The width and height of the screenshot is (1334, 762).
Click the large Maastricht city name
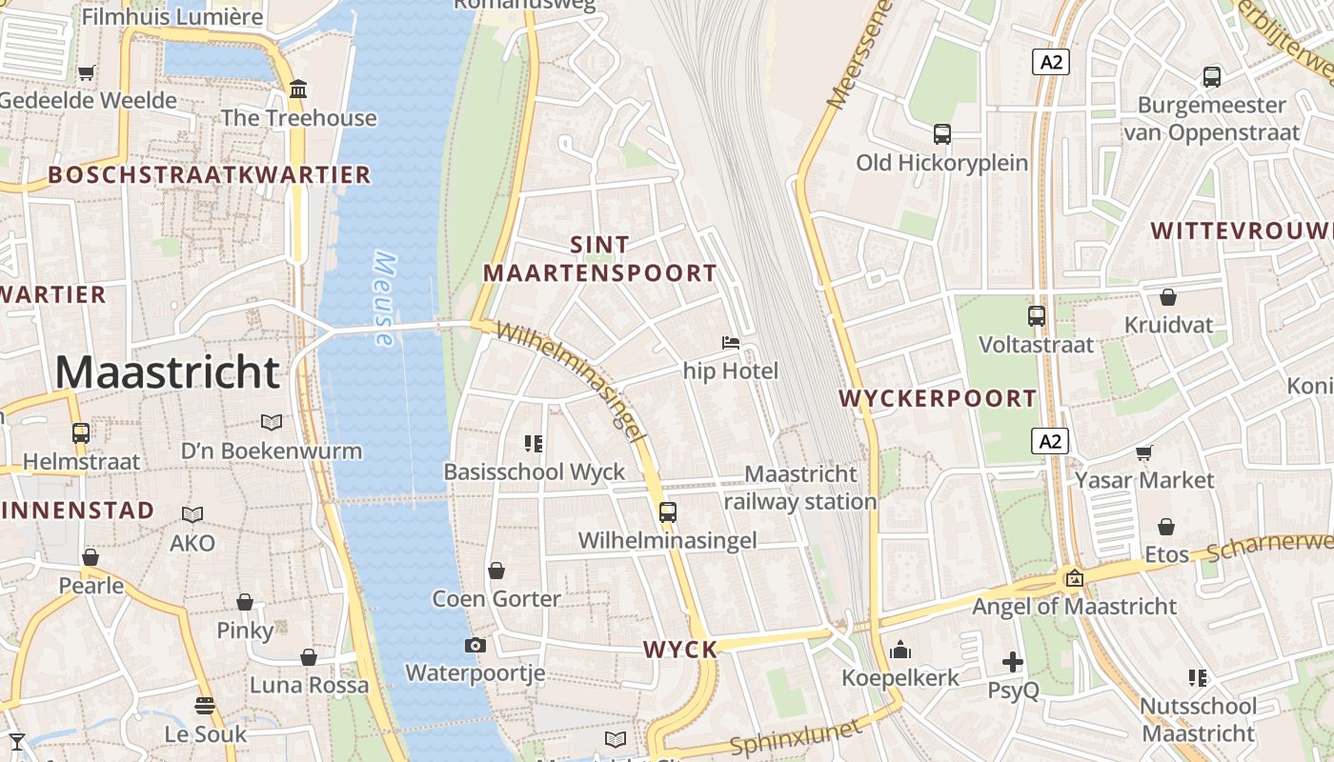pyautogui.click(x=168, y=372)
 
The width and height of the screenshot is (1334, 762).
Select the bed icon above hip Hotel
pyautogui.click(x=731, y=343)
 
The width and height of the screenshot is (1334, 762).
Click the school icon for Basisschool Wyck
pyautogui.click(x=534, y=443)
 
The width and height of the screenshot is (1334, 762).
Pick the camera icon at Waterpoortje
pyautogui.click(x=475, y=646)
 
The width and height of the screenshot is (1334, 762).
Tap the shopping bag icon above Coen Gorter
pyautogui.click(x=496, y=571)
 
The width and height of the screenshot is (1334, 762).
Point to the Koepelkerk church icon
pyautogui.click(x=900, y=651)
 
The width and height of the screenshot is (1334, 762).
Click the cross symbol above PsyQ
pyautogui.click(x=1013, y=661)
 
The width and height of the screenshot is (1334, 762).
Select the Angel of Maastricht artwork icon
pyautogui.click(x=1075, y=577)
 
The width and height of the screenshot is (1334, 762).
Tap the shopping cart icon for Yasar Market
pyautogui.click(x=1143, y=452)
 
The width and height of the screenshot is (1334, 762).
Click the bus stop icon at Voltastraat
pyautogui.click(x=1037, y=315)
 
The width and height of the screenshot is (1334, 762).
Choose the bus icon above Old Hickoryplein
pyautogui.click(x=942, y=134)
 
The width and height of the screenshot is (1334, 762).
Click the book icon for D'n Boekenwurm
pyautogui.click(x=272, y=422)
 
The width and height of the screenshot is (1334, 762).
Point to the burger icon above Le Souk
pyautogui.click(x=205, y=706)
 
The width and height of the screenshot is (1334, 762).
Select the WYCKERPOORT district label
pyautogui.click(x=939, y=398)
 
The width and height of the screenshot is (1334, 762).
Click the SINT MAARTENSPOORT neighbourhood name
pyautogui.click(x=600, y=259)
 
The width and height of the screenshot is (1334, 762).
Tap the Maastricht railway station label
pyautogui.click(x=800, y=488)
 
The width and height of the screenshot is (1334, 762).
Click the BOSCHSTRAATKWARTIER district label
pyautogui.click(x=209, y=175)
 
